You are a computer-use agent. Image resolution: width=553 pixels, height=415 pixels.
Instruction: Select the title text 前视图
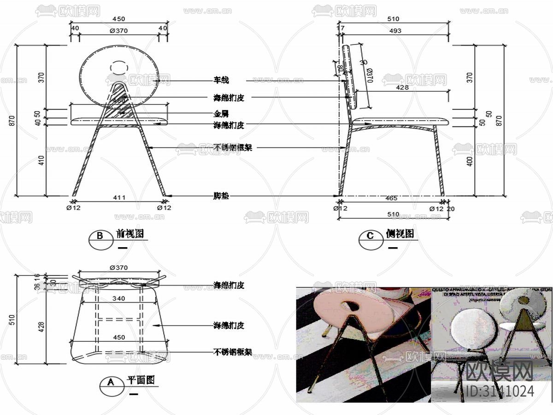point(130,234)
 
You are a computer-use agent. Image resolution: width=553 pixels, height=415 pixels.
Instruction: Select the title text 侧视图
point(400,234)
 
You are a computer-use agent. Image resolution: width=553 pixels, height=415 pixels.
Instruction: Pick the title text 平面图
point(141,380)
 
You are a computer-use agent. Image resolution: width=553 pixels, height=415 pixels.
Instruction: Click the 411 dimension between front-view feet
point(119,198)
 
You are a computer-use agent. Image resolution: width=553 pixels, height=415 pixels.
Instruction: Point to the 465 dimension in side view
point(391,198)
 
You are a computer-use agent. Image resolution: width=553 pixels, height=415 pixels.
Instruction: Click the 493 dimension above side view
point(395,31)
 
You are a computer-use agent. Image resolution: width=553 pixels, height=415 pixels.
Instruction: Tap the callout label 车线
point(221,81)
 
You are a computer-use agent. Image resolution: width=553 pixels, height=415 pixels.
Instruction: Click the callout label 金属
point(221,113)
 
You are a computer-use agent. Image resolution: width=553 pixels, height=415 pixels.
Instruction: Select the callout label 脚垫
point(221,196)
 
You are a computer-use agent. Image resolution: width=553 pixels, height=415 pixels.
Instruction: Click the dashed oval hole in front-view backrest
point(118,67)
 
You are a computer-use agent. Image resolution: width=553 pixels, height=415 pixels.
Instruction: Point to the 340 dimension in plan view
point(119,299)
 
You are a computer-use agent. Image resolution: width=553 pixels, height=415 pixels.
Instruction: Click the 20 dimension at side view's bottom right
point(451,209)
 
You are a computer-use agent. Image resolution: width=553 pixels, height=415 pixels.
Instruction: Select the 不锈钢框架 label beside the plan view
point(233,352)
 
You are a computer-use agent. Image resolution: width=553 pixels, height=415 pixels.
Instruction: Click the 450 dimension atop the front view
point(119,19)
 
